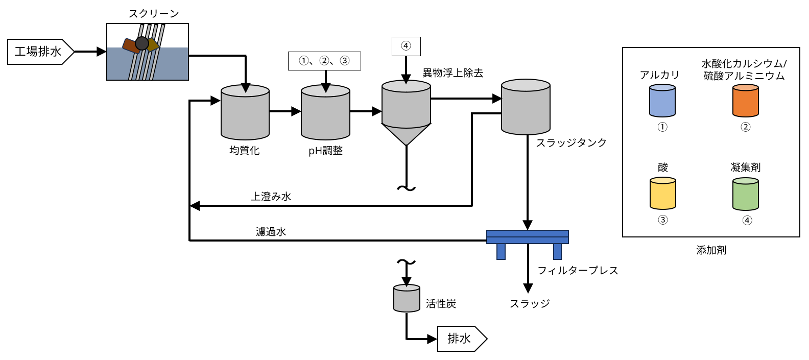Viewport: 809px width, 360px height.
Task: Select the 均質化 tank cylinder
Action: [245, 113]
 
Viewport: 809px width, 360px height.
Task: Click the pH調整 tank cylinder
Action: [325, 113]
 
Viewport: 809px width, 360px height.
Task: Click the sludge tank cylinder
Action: [526, 107]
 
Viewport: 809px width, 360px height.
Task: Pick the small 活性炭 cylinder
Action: [407, 298]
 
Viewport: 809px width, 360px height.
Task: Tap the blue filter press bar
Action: [527, 237]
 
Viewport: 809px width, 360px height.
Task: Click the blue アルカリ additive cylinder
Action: [662, 101]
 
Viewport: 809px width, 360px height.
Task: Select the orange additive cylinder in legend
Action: [745, 101]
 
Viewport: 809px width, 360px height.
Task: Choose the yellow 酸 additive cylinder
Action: [662, 194]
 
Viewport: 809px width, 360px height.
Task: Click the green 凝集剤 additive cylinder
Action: [745, 194]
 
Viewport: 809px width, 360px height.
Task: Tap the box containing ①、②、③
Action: [324, 61]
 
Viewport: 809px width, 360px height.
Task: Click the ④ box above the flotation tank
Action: [406, 46]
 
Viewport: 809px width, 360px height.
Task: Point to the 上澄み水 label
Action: [271, 197]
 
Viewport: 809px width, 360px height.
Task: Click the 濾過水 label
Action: [271, 232]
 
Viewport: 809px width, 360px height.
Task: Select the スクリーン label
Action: [154, 14]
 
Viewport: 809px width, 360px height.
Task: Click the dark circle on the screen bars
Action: [142, 43]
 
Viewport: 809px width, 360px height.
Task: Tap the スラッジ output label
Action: [530, 304]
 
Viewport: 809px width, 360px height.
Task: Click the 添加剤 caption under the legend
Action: [711, 250]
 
